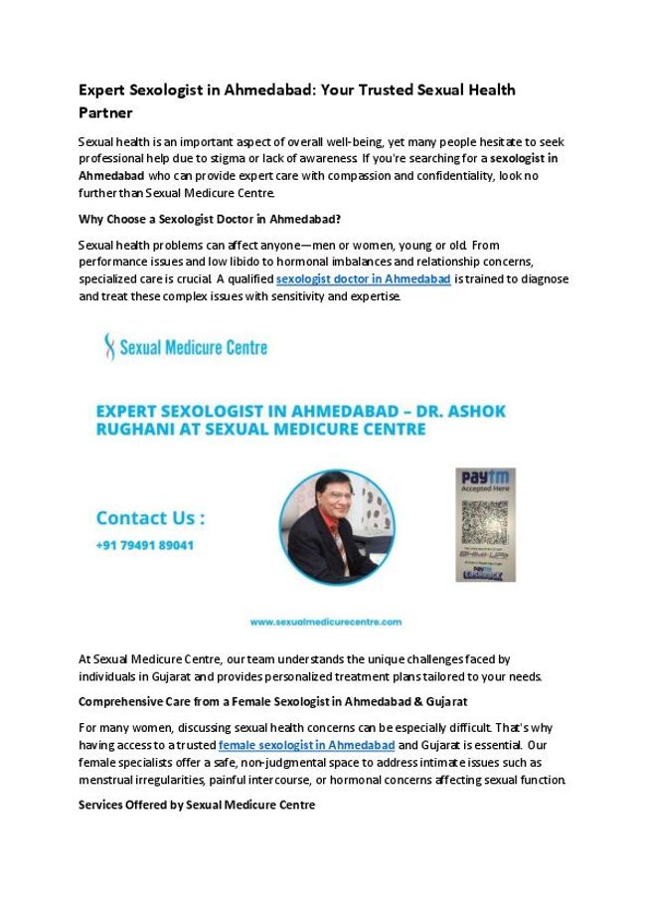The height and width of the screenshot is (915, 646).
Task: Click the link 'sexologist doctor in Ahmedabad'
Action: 363,279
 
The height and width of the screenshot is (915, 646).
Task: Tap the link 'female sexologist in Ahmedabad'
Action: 306,745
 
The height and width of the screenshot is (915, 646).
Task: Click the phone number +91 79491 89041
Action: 144,545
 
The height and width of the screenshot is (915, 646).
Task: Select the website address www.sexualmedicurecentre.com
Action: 326,622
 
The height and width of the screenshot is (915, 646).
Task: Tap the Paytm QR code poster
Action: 485,524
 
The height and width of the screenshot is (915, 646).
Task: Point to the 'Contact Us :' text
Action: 151,518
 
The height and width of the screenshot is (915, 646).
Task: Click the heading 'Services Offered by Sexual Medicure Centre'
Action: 196,805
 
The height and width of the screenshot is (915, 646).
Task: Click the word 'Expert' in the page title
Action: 103,91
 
